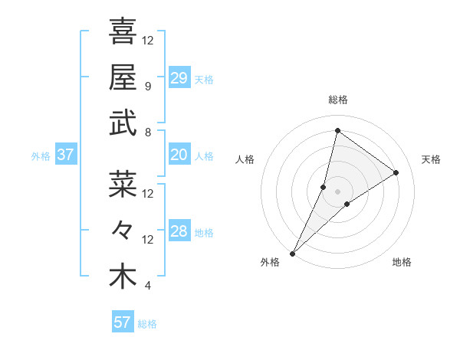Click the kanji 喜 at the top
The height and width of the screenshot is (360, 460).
coord(123,31)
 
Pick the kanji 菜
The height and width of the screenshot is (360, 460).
coord(123,184)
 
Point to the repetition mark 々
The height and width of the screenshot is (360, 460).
coord(123,231)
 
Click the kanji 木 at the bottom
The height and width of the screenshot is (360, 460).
coord(123,277)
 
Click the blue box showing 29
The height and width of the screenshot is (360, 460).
coord(179,77)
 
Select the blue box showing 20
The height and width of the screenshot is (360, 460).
coord(179,155)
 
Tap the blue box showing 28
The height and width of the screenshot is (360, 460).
coord(179,231)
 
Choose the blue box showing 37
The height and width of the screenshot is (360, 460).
coord(66,155)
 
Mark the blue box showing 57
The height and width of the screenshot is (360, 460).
coord(123,322)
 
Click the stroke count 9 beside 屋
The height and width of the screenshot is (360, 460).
coord(148,86)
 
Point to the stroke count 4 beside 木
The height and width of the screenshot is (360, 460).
coord(148,286)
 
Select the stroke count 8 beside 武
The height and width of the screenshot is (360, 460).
coord(148,132)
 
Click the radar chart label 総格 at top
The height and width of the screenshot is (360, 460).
coord(337,100)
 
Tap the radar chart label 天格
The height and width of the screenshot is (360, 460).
coord(431,159)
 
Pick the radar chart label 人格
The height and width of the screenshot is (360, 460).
coord(245,159)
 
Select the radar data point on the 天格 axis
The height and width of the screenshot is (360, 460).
coord(396,172)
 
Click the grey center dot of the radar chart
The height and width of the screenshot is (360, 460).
coord(337,191)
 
